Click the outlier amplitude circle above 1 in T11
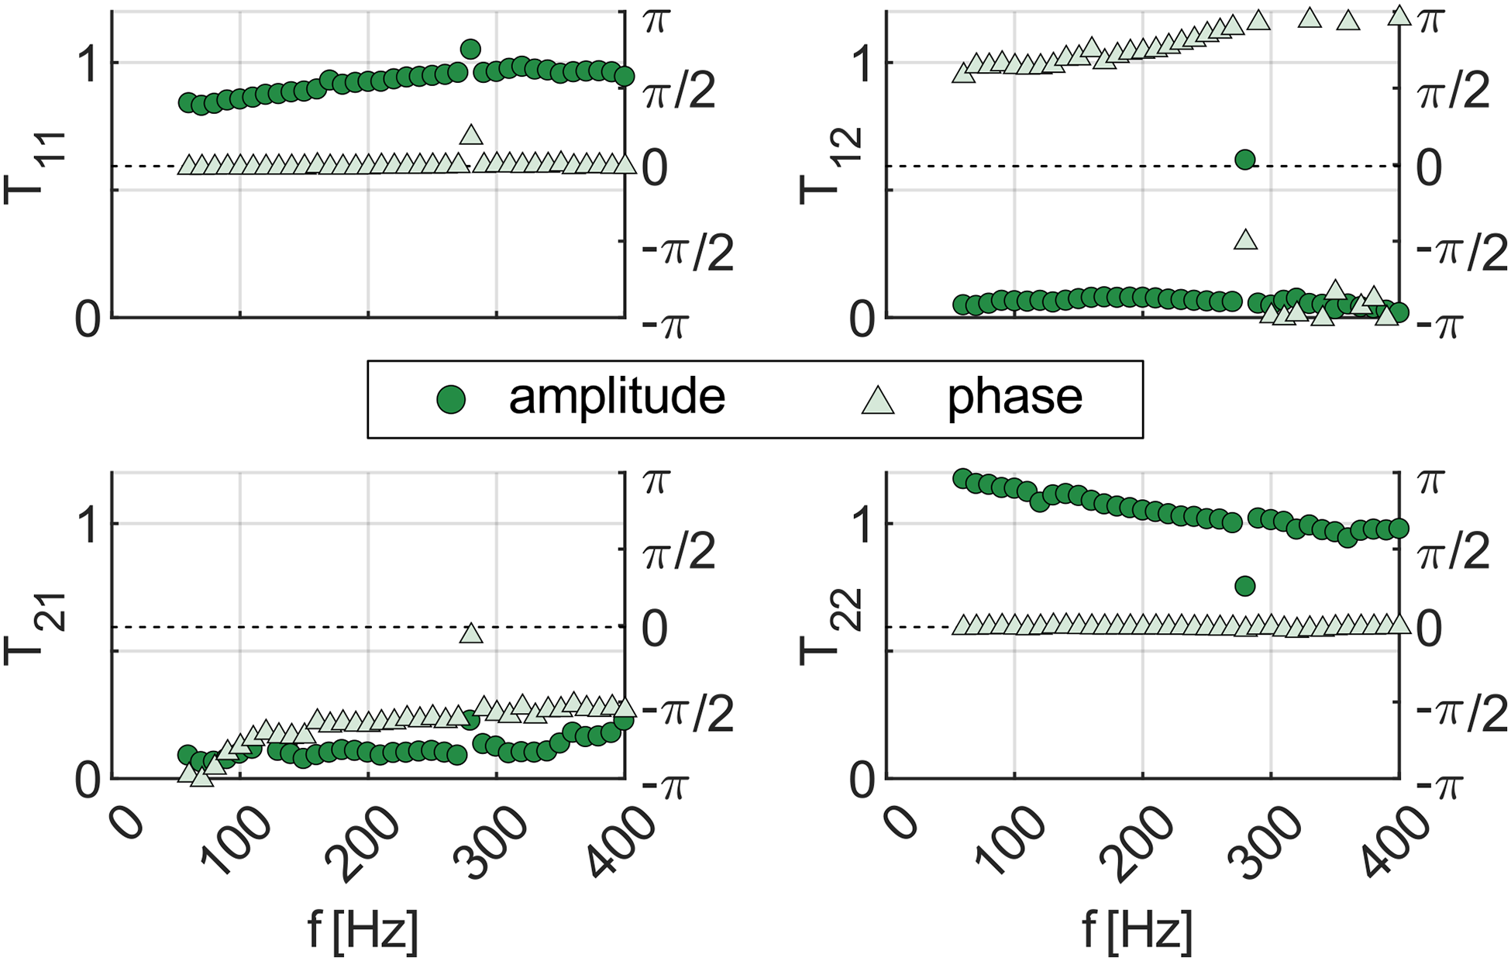[x=470, y=50]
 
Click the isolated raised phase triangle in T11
[x=471, y=135]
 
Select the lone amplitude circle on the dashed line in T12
[x=1245, y=160]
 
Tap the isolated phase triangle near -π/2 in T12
[x=1245, y=239]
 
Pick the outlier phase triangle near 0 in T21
[x=471, y=633]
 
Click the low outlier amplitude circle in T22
[x=1245, y=586]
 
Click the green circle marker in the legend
[x=451, y=400]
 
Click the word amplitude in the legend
[x=617, y=397]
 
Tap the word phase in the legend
[x=1015, y=397]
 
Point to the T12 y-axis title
[x=820, y=166]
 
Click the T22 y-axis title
[x=820, y=628]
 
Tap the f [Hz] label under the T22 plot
[x=1137, y=929]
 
